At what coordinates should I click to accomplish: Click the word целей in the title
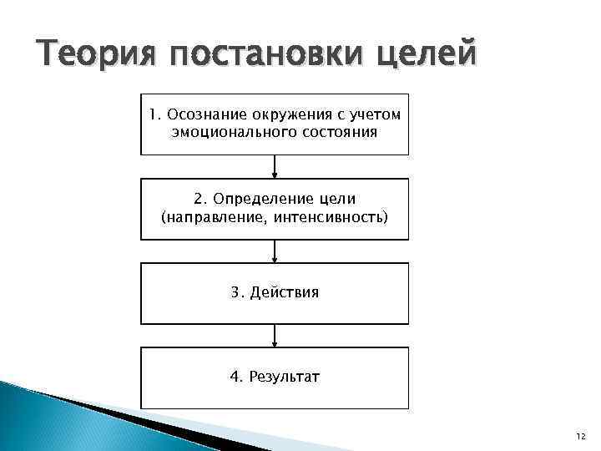[427, 56]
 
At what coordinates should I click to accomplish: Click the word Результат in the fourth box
[285, 378]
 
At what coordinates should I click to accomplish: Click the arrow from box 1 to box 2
[275, 166]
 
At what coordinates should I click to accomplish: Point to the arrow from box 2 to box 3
[275, 251]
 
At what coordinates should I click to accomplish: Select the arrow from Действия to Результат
[275, 336]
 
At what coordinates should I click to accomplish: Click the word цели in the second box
[336, 200]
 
